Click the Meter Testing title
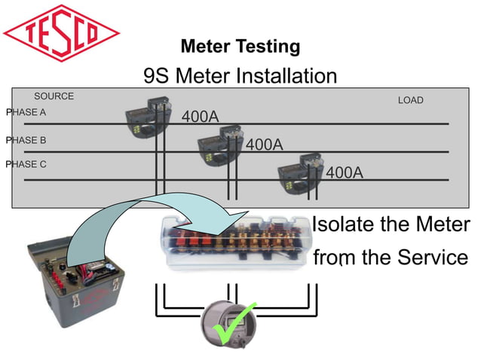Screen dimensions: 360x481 click(240, 47)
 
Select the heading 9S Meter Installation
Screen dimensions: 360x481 click(240, 76)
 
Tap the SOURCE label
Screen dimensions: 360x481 click(54, 96)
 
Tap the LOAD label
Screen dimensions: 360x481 click(410, 100)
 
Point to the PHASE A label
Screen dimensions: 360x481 click(26, 112)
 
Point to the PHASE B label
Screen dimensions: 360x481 click(26, 140)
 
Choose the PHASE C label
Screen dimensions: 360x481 click(26, 164)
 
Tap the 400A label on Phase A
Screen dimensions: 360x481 click(200, 117)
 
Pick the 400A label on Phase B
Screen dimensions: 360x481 click(264, 145)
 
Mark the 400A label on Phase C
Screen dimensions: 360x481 click(345, 172)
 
